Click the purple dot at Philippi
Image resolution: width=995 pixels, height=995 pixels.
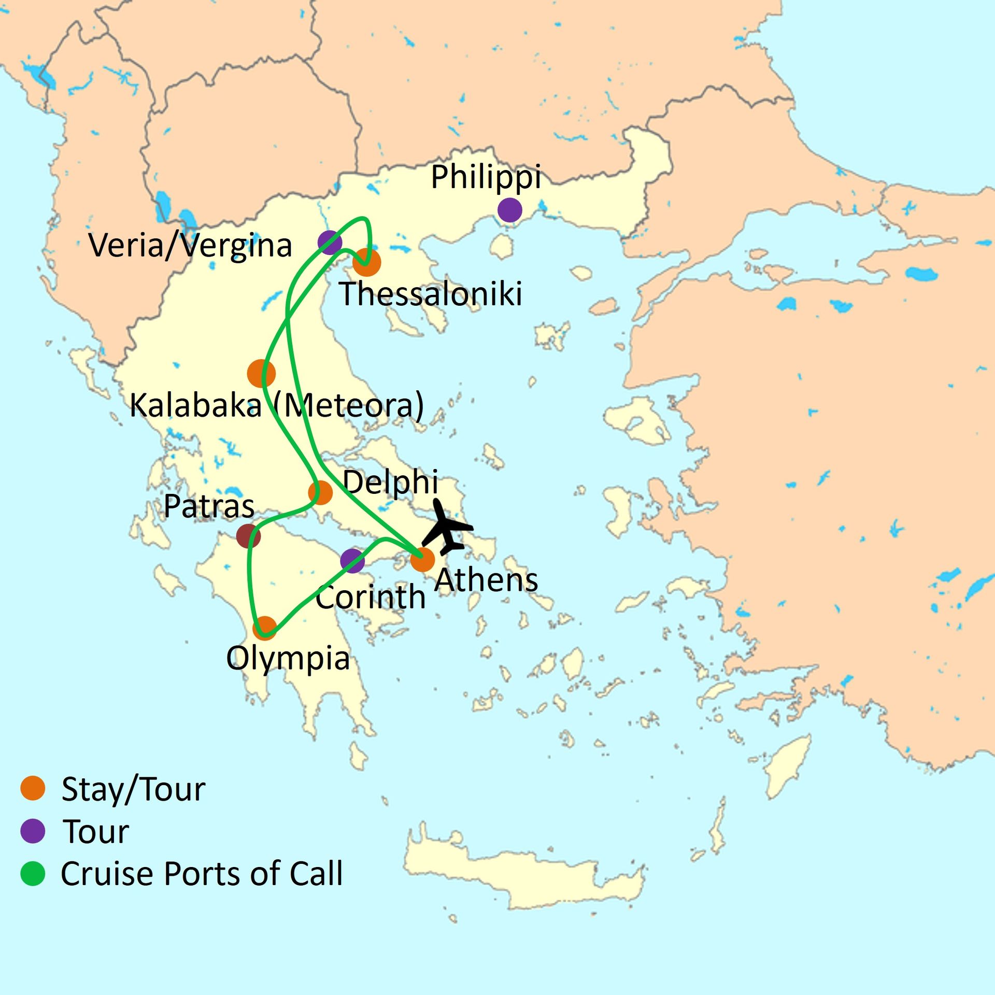pyautogui.click(x=509, y=210)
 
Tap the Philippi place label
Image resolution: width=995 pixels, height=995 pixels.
pyautogui.click(x=486, y=177)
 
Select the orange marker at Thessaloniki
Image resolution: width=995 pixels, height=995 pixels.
pyautogui.click(x=367, y=262)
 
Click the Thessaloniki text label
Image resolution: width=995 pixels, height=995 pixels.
pyautogui.click(x=430, y=294)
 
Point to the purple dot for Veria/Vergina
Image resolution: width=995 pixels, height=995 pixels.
pyautogui.click(x=330, y=242)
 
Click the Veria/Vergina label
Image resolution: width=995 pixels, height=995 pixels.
pyautogui.click(x=190, y=246)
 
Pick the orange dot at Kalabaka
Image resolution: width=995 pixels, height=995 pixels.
pyautogui.click(x=261, y=373)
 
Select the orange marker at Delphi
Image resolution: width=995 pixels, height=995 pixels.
pyautogui.click(x=320, y=492)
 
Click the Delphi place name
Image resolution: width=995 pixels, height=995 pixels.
pyautogui.click(x=390, y=482)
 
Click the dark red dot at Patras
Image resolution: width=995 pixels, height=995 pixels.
pyautogui.click(x=248, y=535)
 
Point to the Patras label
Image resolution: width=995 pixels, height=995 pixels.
pyautogui.click(x=209, y=506)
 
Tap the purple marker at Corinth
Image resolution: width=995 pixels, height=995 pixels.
pyautogui.click(x=352, y=561)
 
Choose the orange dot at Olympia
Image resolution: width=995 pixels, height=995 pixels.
pyautogui.click(x=265, y=628)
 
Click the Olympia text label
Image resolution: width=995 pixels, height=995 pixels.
pyautogui.click(x=288, y=659)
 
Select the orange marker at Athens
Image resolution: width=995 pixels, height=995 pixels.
pyautogui.click(x=422, y=560)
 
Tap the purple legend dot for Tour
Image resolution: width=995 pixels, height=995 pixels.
pyautogui.click(x=33, y=831)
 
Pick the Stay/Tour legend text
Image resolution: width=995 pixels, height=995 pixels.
pyautogui.click(x=133, y=789)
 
